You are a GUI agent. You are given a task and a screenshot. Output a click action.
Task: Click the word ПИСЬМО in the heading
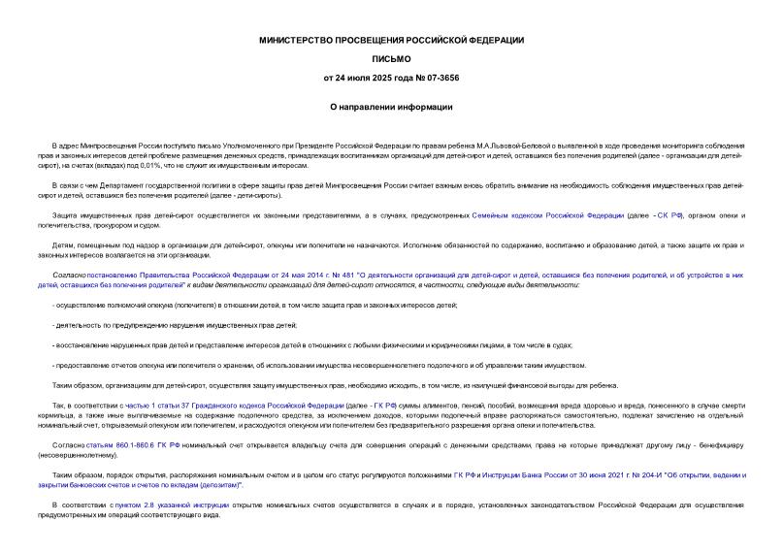point(391,58)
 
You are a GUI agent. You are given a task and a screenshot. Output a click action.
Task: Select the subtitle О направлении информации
point(391,107)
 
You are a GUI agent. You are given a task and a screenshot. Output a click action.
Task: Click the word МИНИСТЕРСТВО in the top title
point(297,40)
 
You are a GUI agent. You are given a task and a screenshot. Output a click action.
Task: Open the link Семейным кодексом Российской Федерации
point(535,212)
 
